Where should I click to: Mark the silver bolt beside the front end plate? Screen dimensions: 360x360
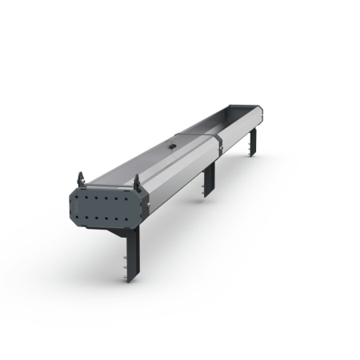click(148, 205)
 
